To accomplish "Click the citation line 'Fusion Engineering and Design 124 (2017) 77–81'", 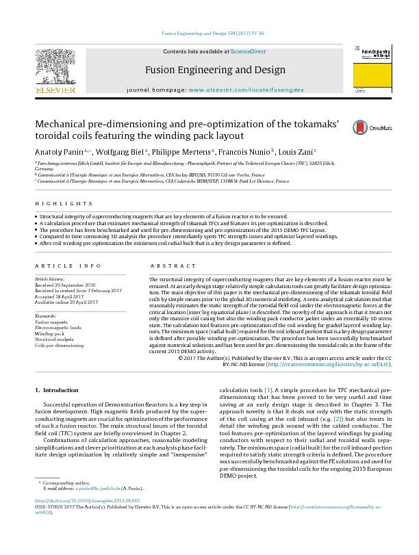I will pyautogui.click(x=209, y=33).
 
